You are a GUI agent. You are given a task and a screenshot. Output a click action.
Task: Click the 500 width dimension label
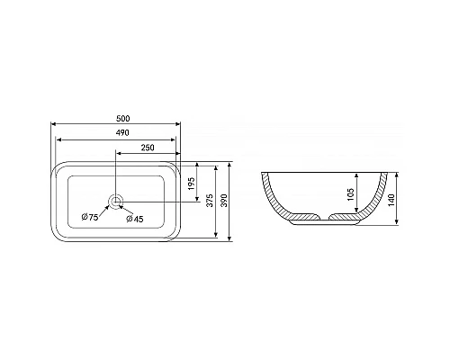123,119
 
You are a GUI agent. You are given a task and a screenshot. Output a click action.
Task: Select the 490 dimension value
122,132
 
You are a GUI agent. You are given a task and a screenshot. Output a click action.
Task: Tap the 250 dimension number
148,148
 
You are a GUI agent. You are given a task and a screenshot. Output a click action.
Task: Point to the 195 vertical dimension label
192,184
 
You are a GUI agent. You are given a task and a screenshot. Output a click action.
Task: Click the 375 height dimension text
211,200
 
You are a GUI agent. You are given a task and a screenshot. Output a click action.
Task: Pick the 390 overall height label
224,200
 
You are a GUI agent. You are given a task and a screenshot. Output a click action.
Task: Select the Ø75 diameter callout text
90,217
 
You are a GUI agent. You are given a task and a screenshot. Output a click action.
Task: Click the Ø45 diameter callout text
135,219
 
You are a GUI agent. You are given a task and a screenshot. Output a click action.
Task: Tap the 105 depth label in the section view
350,194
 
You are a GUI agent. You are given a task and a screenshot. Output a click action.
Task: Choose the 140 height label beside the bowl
391,200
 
